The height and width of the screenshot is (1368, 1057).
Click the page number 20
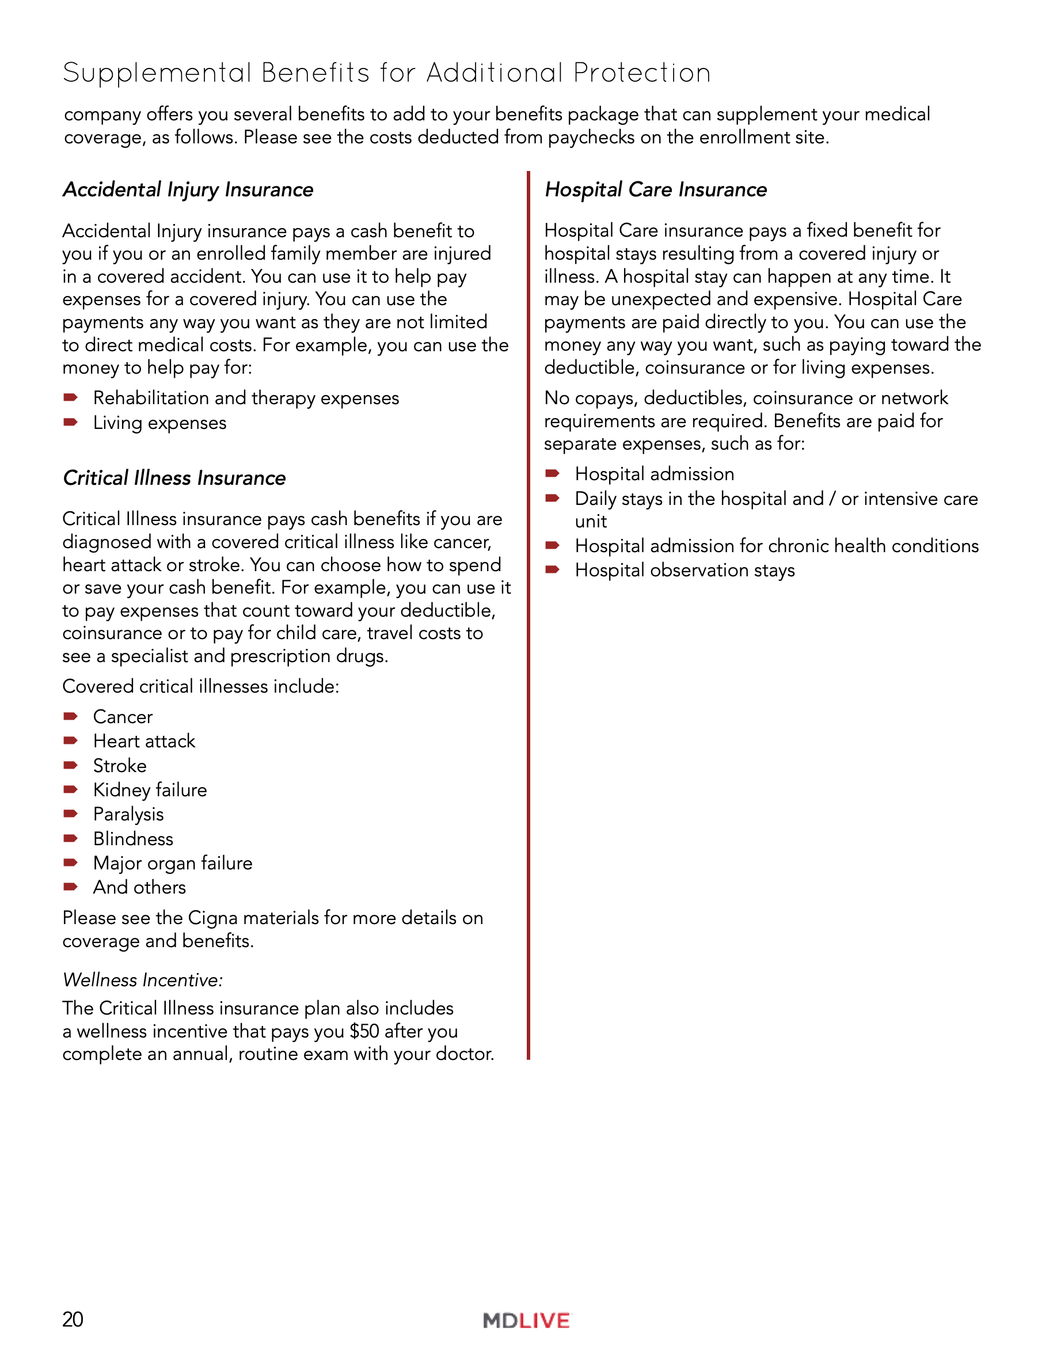click(x=73, y=1318)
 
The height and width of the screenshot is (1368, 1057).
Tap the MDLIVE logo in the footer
click(x=527, y=1320)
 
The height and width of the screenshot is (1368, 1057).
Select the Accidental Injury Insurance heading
click(x=188, y=189)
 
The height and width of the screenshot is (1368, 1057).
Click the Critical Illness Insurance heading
click(x=174, y=478)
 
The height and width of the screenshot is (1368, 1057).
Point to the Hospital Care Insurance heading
click(x=656, y=189)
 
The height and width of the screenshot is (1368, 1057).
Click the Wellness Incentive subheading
click(x=143, y=979)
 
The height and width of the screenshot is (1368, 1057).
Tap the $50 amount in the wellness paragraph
click(x=364, y=1031)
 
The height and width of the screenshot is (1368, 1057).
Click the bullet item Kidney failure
click(x=150, y=790)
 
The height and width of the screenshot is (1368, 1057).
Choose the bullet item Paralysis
click(x=128, y=814)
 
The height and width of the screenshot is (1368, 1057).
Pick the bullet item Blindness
click(x=133, y=839)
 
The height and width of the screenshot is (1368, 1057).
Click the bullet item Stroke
click(x=120, y=765)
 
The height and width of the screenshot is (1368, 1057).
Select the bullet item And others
click(x=139, y=888)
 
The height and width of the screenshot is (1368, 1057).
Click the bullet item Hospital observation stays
click(x=685, y=570)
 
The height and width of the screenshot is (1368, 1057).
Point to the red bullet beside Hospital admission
click(x=552, y=473)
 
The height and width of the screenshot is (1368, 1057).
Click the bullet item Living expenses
click(x=159, y=423)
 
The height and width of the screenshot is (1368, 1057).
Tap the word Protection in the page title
click(x=642, y=73)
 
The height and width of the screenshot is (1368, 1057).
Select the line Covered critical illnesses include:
click(x=200, y=686)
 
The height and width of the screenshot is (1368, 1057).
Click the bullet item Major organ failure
click(x=172, y=863)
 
